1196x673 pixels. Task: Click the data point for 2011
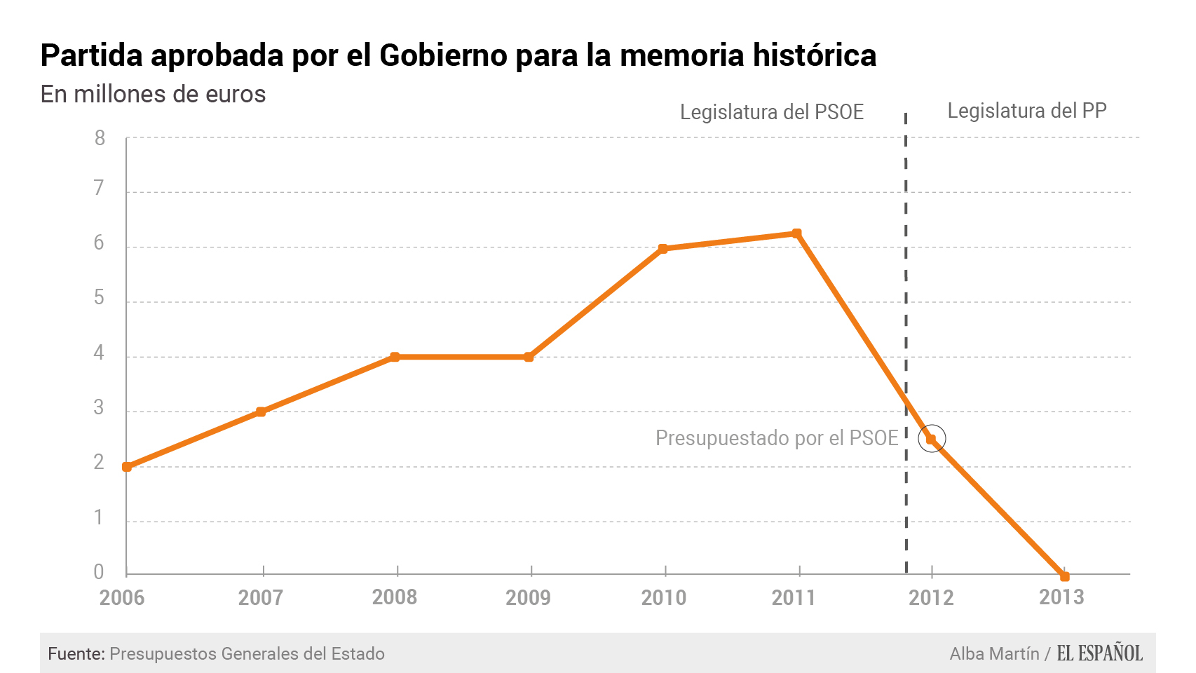coord(796,233)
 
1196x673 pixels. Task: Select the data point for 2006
coord(127,467)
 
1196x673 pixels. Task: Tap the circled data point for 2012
coord(931,439)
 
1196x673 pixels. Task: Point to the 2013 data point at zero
coord(1065,576)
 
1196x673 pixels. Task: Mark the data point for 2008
coord(395,357)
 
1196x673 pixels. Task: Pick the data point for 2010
coord(663,249)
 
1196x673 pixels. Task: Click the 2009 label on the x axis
coord(528,597)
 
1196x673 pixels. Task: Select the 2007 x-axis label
coord(260,597)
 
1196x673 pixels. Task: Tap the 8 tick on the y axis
coord(100,138)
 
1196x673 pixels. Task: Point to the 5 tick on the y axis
coord(99,298)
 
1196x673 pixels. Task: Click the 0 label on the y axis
coord(99,572)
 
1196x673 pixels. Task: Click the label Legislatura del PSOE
coord(771,112)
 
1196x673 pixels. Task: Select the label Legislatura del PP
coord(1026,111)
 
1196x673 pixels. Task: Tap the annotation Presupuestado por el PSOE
coord(776,438)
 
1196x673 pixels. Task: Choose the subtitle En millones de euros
coord(153,94)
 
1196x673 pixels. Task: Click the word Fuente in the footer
coord(76,653)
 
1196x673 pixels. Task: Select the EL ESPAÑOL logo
coord(1099,653)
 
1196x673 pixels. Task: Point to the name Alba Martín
coord(994,653)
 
